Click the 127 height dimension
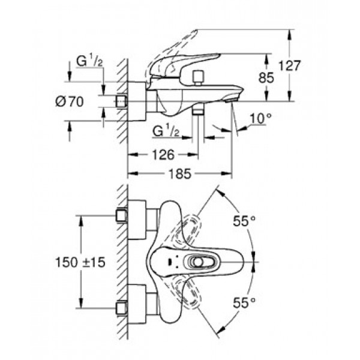[x=289, y=66]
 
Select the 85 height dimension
[x=266, y=77]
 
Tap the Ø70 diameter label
[x=70, y=101]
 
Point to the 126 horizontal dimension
[x=163, y=155]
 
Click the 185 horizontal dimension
[x=180, y=173]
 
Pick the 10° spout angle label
[x=260, y=119]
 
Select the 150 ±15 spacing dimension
[x=80, y=262]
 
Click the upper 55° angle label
[x=244, y=221]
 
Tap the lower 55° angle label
[x=244, y=302]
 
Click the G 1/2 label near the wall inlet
[x=89, y=61]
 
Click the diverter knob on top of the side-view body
[x=198, y=78]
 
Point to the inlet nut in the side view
[x=121, y=101]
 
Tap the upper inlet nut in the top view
[x=121, y=216]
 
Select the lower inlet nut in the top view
[x=121, y=308]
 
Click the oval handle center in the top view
[x=198, y=262]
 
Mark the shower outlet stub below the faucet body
[x=198, y=112]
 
